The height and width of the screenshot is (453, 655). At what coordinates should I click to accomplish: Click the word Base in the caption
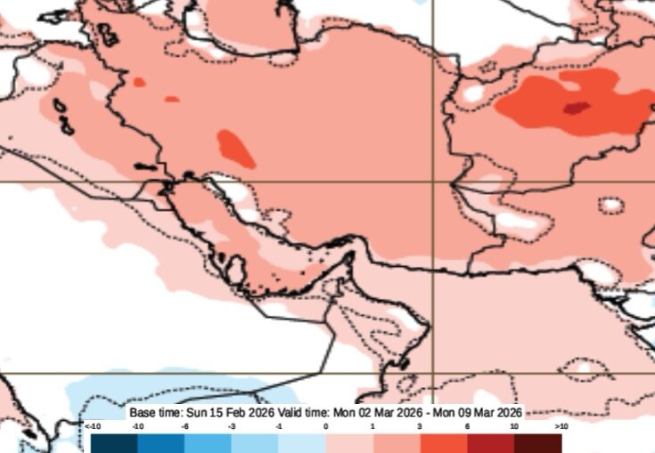click(x=143, y=414)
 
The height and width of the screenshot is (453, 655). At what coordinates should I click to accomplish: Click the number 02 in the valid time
click(x=364, y=414)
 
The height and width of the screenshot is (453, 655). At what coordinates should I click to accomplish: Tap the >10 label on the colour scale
click(x=561, y=427)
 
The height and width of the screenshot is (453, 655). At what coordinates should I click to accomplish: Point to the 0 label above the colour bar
click(x=325, y=427)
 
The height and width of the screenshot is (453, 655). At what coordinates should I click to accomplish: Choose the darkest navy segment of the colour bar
click(x=114, y=442)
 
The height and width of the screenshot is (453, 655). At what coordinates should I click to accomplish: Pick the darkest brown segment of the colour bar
click(x=537, y=442)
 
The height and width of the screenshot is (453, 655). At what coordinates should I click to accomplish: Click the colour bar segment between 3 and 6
click(x=443, y=442)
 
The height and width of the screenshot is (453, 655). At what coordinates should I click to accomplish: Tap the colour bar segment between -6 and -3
click(x=208, y=442)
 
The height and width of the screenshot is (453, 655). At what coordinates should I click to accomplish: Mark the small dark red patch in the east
click(x=576, y=109)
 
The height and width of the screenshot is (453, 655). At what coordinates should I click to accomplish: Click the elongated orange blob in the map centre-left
click(x=236, y=148)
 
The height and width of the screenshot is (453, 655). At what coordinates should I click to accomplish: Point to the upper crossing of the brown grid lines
click(x=434, y=182)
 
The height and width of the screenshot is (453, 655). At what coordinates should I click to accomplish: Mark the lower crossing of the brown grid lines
click(x=434, y=373)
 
